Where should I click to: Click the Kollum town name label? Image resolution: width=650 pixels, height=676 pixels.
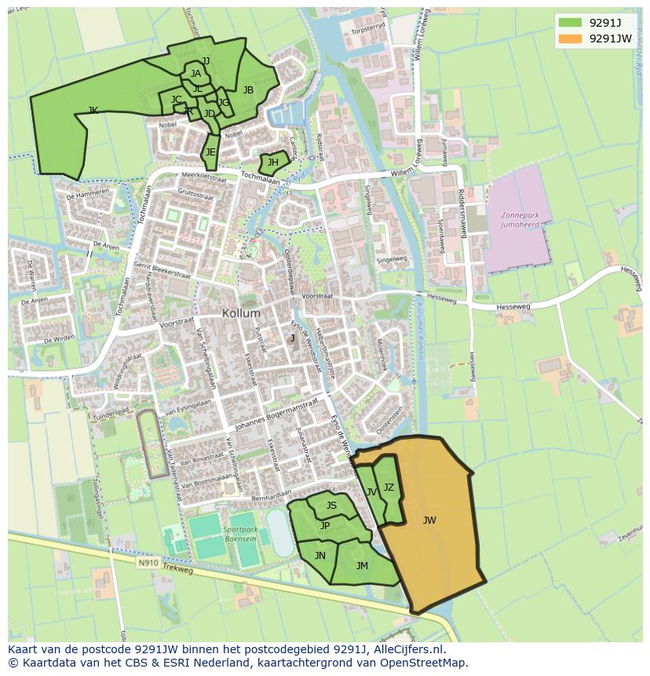click(x=241, y=312)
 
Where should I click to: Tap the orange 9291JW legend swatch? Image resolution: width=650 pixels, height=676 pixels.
click(x=571, y=38)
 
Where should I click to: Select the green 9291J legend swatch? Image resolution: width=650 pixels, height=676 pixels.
click(x=571, y=22)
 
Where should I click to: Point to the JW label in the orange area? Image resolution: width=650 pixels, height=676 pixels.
click(x=429, y=520)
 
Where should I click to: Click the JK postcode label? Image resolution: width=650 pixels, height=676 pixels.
click(x=93, y=111)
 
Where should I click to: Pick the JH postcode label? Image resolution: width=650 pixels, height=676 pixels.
click(x=272, y=163)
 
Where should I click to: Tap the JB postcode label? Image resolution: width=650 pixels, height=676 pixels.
click(x=248, y=90)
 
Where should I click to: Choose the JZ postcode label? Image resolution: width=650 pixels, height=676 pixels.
click(x=389, y=488)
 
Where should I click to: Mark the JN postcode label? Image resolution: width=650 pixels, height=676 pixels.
click(x=320, y=555)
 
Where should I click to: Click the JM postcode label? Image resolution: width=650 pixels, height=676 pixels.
click(x=362, y=565)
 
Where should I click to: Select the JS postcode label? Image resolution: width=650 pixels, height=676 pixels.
click(x=331, y=506)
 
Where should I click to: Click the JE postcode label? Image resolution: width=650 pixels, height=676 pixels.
click(x=210, y=152)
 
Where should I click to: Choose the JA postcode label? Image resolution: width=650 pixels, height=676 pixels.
click(x=195, y=74)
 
